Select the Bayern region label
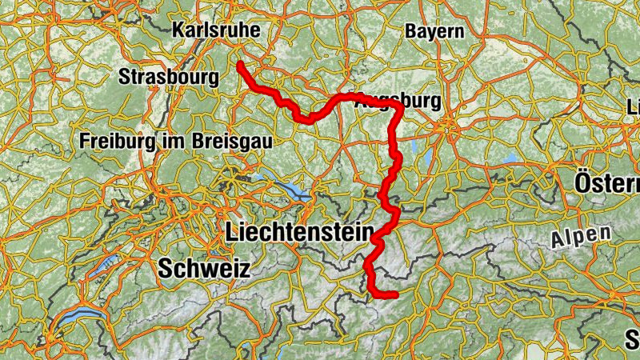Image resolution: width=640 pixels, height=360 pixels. point(434,31)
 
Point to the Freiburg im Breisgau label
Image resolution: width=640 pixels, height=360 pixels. point(175,140)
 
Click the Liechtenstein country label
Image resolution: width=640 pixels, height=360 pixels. point(300,233)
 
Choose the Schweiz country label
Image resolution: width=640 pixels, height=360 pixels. point(204,268)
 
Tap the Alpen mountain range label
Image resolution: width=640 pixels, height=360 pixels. point(580,237)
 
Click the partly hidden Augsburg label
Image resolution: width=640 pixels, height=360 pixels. point(397,102)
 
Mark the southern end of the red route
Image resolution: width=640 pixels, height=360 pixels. point(395,295)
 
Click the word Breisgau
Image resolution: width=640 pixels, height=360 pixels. point(232,140)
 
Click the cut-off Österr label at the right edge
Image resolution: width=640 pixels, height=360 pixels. point(606,184)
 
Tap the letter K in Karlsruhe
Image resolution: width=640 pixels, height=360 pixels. point(178,30)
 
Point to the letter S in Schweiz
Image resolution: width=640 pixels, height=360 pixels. point(166,268)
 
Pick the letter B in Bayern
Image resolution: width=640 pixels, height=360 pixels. point(410,31)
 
